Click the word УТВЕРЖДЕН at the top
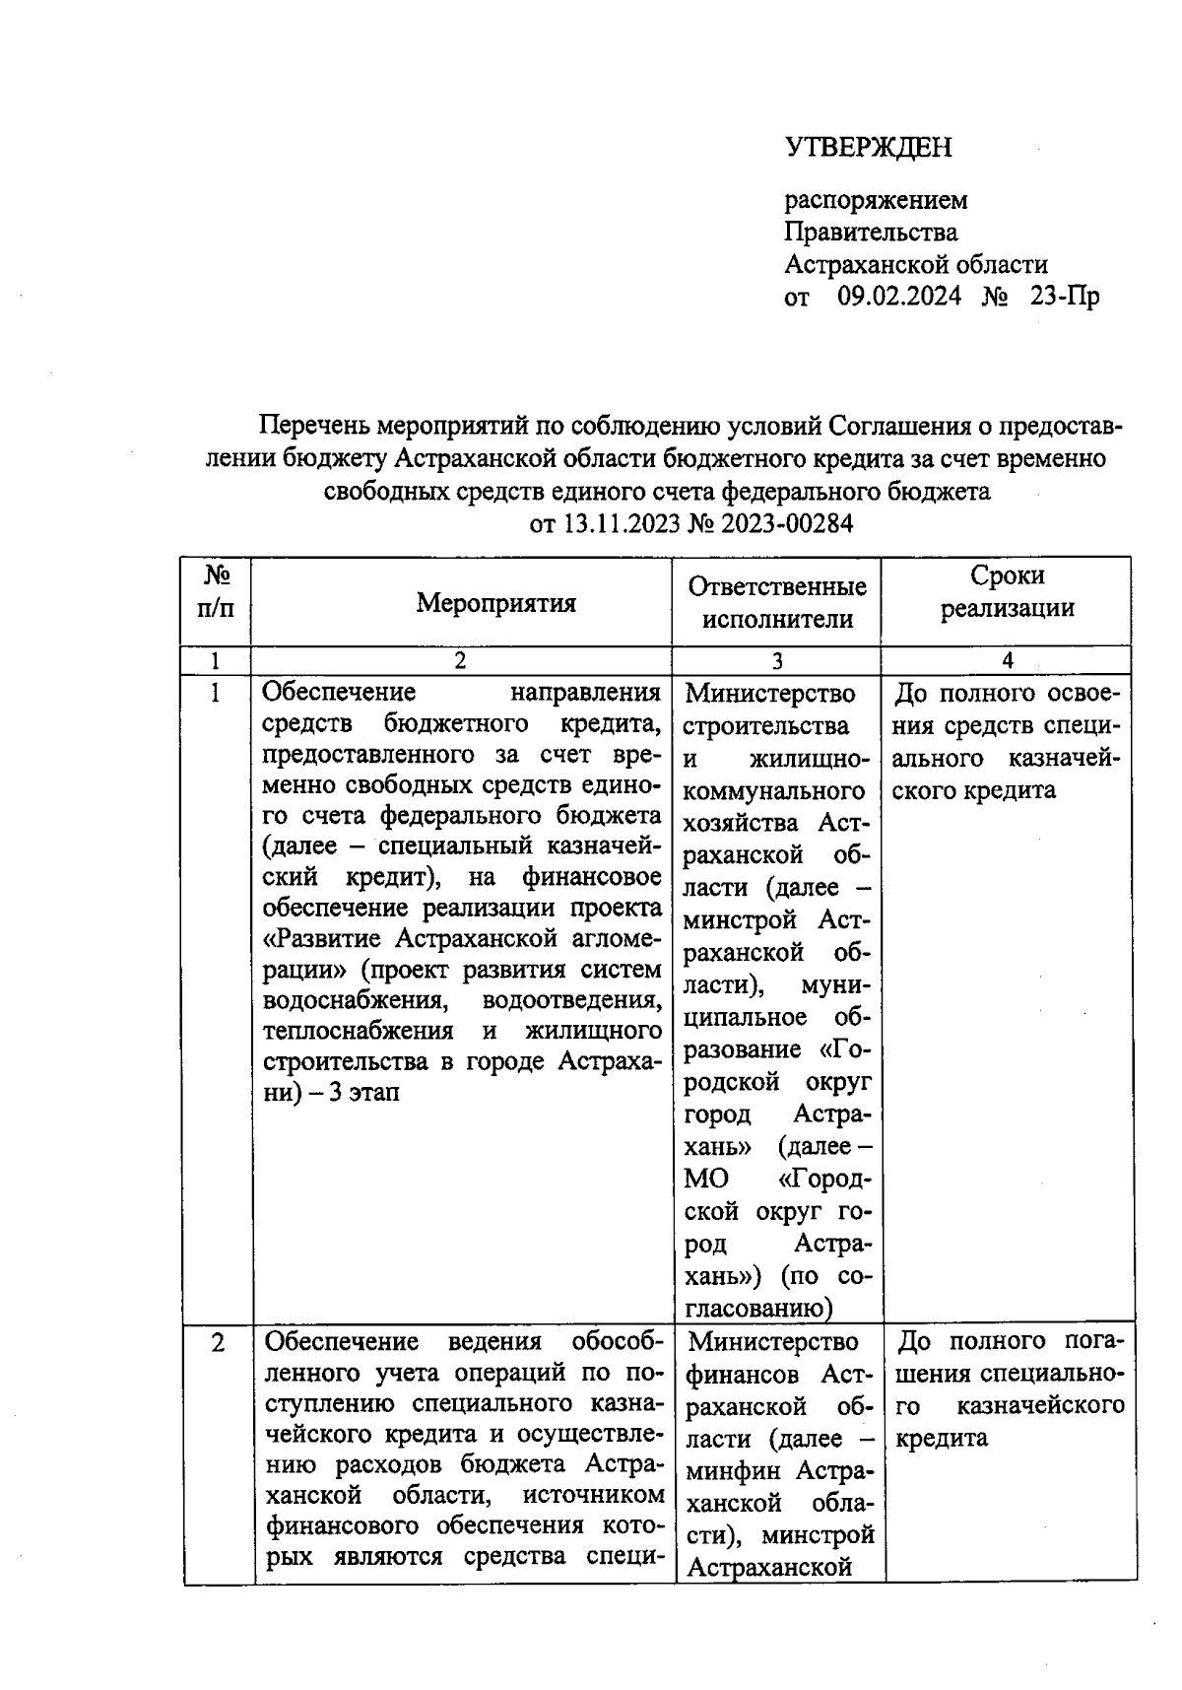869,148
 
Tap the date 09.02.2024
898,296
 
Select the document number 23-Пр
1064,296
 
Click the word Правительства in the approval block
871,233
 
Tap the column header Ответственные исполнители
777,602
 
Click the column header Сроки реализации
1007,591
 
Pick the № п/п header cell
216,591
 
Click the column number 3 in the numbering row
777,661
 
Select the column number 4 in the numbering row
1007,661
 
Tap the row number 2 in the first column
218,1342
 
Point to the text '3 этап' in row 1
365,1093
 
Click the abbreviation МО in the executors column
705,1180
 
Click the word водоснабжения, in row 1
354,1000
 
